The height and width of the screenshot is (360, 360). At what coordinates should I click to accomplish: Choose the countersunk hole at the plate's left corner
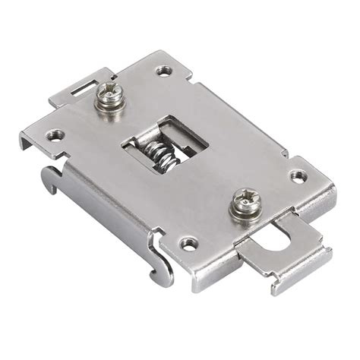point(52,137)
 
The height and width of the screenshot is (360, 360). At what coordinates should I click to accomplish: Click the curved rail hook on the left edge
point(50,179)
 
